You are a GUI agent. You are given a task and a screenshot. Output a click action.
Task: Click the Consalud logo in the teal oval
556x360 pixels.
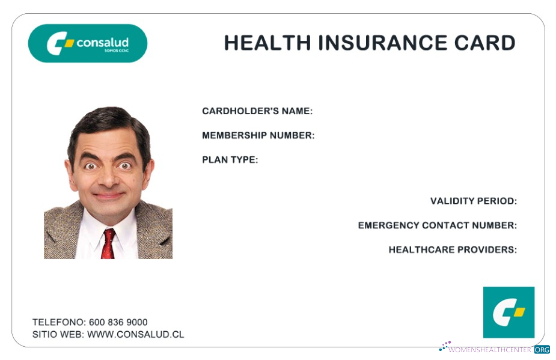coord(88,43)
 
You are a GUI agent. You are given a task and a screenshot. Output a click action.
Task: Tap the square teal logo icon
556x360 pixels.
coord(509,312)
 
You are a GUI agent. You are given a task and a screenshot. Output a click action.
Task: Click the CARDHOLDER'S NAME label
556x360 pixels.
coord(257,111)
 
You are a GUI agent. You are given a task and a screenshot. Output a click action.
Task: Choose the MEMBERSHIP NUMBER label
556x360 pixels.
coord(258,135)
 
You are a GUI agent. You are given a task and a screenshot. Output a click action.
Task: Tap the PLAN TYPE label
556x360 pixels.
coord(230,160)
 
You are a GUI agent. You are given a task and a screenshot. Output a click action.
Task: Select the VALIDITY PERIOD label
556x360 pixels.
coord(473,201)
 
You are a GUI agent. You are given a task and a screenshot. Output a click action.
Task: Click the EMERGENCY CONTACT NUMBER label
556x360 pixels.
coord(437,225)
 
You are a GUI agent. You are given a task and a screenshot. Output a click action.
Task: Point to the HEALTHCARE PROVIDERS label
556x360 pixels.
coord(453,249)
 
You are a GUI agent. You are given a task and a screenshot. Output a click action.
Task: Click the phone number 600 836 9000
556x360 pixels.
coord(118,322)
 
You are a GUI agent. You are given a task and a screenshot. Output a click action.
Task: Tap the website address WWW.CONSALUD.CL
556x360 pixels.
coord(135,334)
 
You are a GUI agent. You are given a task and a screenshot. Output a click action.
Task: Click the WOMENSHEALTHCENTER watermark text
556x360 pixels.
coord(490,349)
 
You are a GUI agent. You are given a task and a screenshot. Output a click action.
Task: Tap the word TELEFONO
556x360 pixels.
coord(58,322)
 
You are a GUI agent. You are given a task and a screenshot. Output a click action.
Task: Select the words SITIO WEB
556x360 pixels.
coord(58,334)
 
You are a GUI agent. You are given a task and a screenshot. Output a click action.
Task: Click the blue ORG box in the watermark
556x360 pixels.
coord(542,349)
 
